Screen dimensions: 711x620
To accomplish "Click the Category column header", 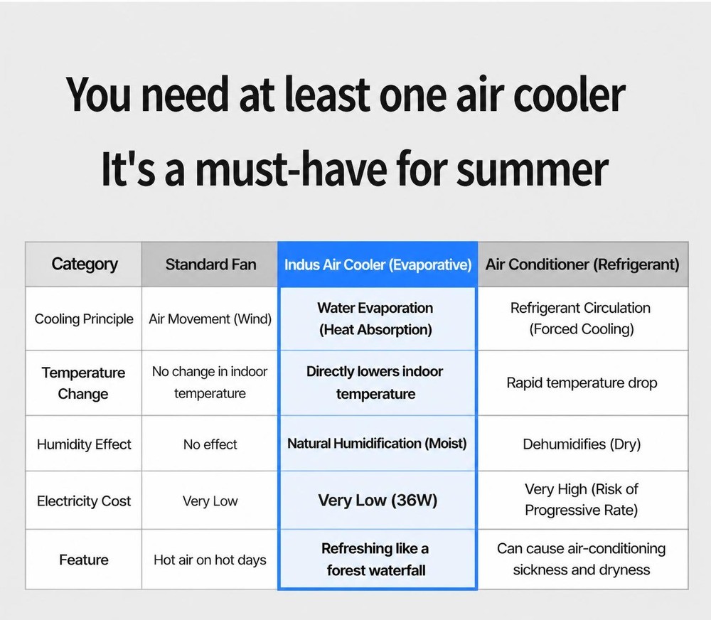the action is point(85,264).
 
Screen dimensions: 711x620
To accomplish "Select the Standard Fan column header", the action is point(210,264).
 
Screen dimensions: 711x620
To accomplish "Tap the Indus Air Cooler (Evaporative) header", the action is point(378,264).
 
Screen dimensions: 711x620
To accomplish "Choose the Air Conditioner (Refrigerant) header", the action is point(582,264).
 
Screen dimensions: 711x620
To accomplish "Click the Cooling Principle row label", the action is point(84,319).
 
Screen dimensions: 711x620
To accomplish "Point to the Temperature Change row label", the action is point(83,383).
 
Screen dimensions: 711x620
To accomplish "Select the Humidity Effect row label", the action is point(84,444).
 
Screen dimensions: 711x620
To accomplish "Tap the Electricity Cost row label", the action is point(84,501).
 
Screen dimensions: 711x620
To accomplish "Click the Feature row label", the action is point(84,560).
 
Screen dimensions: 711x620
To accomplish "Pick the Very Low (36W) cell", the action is point(378,501).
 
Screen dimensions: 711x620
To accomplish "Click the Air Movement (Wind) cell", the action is point(210,319).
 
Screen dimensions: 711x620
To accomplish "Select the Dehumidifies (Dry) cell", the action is point(582,444).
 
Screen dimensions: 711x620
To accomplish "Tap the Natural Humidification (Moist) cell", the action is point(377,443).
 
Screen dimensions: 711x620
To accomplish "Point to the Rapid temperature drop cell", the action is point(582,383).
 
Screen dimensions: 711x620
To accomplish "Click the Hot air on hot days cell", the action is point(210,560).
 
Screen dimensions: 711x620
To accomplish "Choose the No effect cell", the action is point(210,444).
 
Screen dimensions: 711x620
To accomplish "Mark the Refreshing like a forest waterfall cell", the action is point(376,560).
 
